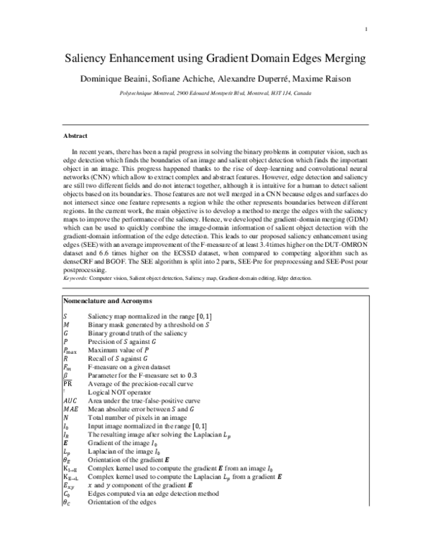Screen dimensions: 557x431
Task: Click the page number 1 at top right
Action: tap(366, 29)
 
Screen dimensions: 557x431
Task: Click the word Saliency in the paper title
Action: tap(93, 59)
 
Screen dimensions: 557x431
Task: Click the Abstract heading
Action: tap(76, 135)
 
